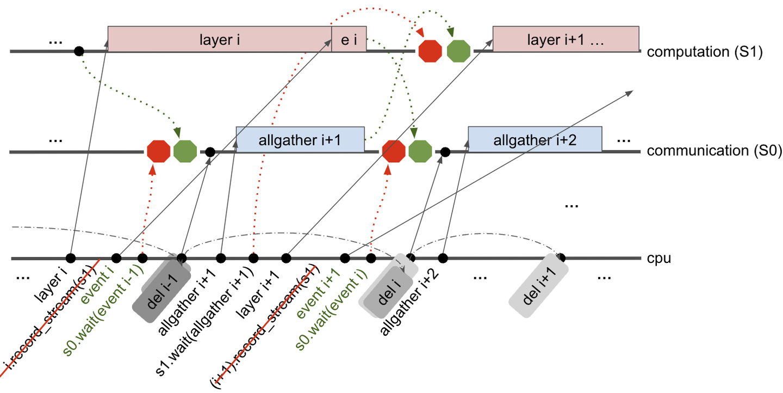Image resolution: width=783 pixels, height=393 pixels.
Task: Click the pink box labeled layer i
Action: [220, 39]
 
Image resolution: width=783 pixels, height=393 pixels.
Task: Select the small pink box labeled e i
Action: [349, 39]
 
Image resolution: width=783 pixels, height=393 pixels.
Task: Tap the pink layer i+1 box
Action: [565, 39]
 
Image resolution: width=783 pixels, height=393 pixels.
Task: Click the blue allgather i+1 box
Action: [300, 139]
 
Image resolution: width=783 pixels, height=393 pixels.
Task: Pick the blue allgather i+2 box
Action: [535, 140]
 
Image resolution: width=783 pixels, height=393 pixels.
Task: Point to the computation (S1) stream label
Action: [705, 52]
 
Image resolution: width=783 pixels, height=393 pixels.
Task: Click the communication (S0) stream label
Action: [713, 151]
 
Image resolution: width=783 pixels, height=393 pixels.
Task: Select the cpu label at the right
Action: [659, 259]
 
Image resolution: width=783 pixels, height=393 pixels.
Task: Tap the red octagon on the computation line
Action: [430, 51]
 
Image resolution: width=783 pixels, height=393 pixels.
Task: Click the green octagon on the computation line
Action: [458, 51]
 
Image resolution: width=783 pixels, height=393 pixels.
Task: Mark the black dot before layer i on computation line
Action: [79, 51]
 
